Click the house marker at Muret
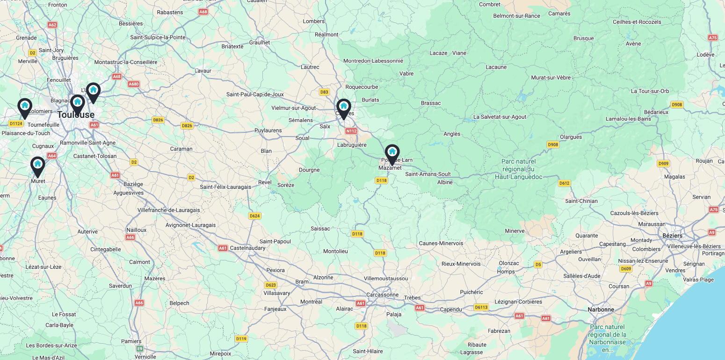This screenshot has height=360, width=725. pos(37,165)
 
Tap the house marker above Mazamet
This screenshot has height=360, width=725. pos(392,152)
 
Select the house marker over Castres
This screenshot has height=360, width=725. pos(343,107)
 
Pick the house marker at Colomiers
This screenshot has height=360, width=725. pos(25,106)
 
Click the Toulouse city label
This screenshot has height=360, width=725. pos(76,115)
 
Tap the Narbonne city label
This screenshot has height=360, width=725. pos(601,310)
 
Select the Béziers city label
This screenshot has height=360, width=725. pos(672,236)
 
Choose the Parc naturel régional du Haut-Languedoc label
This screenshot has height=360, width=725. pos(518,169)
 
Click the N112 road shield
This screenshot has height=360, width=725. pos(351,131)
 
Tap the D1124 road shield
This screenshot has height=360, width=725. pos(16,123)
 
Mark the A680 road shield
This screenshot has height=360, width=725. pos(134,84)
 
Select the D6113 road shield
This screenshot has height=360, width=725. pos(481,307)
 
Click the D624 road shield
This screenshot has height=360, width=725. pos(254,216)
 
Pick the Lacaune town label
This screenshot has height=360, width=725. pos(496,67)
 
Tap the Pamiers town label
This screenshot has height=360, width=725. pos(131,341)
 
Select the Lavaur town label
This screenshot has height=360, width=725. pos(203,71)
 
